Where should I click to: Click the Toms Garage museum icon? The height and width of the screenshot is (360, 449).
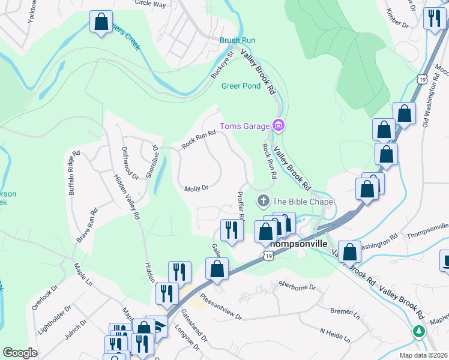tap(278, 125)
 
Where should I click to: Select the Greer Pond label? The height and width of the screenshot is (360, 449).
tap(241, 86)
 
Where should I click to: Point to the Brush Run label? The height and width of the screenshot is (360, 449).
tap(237, 40)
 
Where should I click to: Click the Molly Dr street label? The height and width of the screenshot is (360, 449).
tap(196, 188)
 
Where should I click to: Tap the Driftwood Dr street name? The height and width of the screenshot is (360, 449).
tap(130, 163)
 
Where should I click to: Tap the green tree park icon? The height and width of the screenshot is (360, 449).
tap(419, 331)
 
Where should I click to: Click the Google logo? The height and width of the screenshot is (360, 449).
tap(20, 353)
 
